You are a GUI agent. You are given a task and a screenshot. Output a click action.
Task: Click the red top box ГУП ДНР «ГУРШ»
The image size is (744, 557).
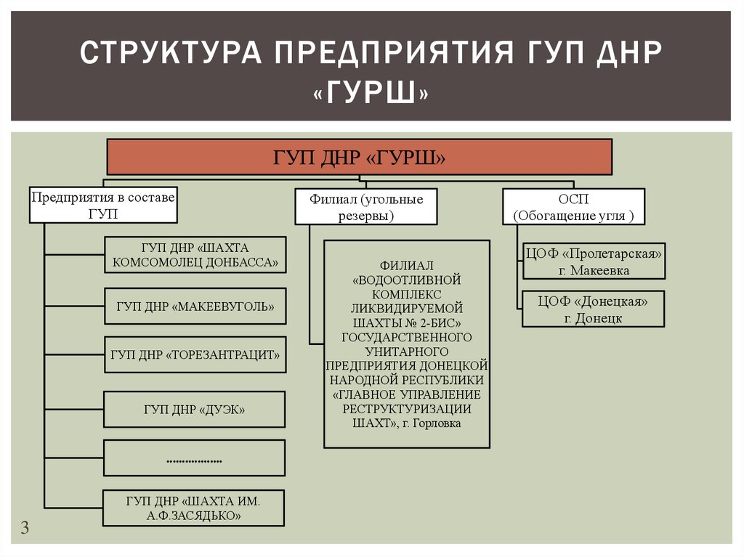tap(360, 157)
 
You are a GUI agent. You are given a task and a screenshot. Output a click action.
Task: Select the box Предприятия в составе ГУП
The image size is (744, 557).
tap(102, 205)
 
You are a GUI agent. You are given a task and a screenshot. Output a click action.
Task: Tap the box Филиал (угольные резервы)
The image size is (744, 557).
tap(365, 206)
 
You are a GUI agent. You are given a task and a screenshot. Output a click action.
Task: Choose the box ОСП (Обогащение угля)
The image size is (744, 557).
tap(573, 206)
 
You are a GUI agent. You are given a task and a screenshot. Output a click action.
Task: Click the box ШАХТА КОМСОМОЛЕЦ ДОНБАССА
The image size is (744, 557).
tap(195, 254)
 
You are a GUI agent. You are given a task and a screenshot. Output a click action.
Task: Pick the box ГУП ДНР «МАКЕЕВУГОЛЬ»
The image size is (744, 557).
tap(195, 306)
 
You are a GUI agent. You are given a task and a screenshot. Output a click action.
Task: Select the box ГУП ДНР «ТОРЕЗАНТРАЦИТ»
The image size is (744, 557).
tap(195, 355)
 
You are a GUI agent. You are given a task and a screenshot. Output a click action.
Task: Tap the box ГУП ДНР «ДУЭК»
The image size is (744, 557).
tap(195, 410)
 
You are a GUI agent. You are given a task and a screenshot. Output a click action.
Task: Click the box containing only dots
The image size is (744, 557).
tap(195, 459)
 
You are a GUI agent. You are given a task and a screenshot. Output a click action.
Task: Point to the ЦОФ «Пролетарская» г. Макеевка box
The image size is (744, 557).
tap(594, 261)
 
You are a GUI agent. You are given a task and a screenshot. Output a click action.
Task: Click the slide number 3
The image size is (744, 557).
tap(25, 528)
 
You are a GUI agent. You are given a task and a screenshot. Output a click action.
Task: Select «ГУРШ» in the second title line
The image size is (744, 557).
tap(371, 93)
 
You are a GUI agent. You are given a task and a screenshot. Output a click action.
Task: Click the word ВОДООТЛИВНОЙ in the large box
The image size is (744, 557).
tap(407, 279)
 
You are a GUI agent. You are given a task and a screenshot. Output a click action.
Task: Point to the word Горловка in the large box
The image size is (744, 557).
tap(436, 423)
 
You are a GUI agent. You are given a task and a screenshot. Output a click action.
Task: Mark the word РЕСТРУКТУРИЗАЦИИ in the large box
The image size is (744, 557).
tap(407, 408)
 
